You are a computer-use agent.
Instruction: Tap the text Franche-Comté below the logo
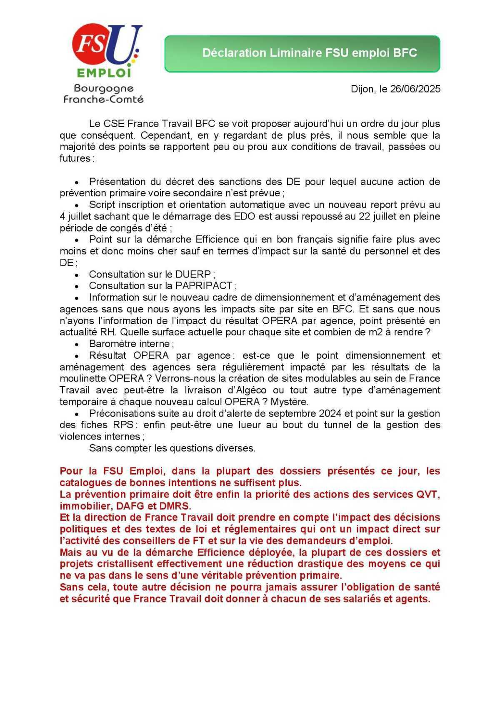click(x=103, y=99)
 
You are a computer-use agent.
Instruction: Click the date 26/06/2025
click(x=415, y=89)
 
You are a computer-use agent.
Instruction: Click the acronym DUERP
click(x=193, y=274)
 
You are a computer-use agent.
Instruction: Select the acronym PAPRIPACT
click(x=204, y=286)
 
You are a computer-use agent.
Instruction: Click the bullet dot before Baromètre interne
click(x=77, y=345)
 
